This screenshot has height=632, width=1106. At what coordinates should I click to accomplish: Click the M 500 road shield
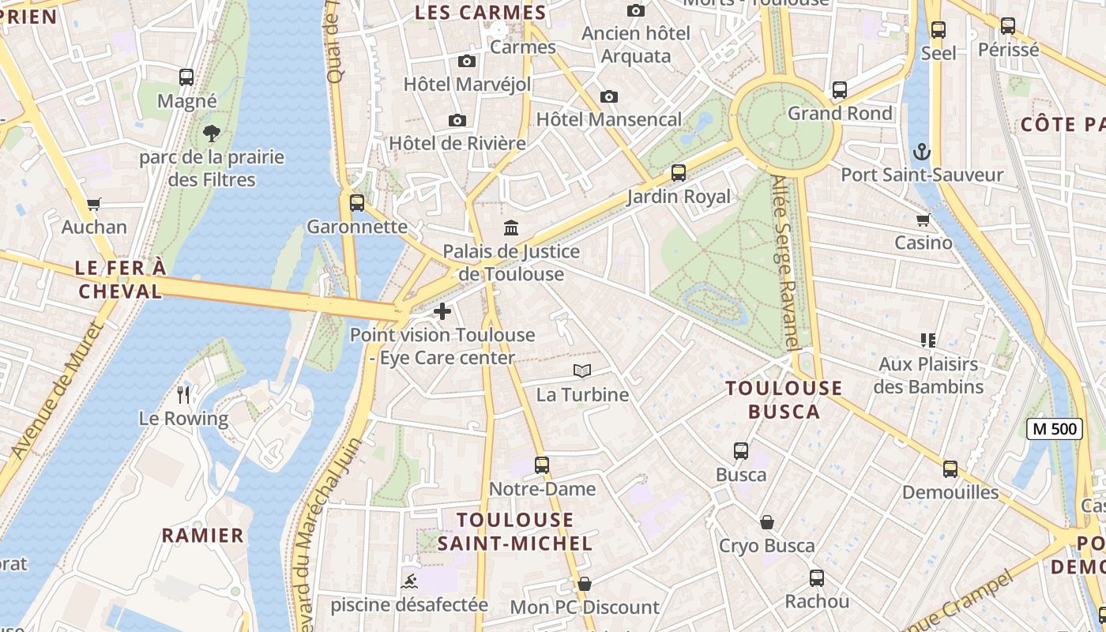click(1055, 429)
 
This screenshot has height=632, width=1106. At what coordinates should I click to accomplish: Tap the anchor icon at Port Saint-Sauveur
click(921, 152)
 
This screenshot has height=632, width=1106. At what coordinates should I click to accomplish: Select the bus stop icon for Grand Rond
click(840, 90)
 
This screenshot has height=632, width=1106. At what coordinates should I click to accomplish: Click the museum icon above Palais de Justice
click(511, 228)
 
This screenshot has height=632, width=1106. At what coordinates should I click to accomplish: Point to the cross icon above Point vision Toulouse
click(442, 311)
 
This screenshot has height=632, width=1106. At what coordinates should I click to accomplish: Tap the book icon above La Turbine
click(582, 371)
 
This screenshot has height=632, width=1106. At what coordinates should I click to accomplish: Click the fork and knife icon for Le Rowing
click(184, 394)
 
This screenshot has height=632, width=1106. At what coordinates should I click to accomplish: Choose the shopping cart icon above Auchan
click(94, 204)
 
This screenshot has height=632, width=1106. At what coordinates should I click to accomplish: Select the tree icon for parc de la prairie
click(211, 133)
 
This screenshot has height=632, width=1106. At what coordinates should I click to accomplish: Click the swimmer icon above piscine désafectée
click(409, 583)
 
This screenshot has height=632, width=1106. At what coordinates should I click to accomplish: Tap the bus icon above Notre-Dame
click(541, 465)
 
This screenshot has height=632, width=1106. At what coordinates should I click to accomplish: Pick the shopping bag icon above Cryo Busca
click(766, 522)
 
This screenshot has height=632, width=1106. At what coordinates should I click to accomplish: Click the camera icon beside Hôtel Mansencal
click(608, 96)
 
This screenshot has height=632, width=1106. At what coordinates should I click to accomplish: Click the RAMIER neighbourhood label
click(203, 536)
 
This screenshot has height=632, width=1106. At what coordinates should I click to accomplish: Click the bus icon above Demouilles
click(950, 469)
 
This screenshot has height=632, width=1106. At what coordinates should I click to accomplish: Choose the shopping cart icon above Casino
click(923, 220)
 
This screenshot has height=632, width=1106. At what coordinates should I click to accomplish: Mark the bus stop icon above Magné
click(186, 77)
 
